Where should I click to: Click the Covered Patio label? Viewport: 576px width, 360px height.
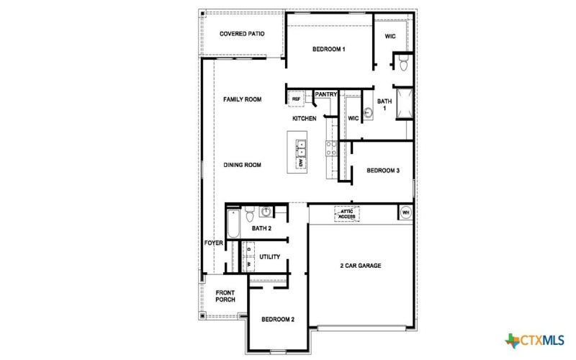point(242,33)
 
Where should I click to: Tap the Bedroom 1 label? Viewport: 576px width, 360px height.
point(329,49)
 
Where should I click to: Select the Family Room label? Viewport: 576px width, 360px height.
point(242,99)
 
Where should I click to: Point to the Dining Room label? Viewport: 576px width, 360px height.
point(242,165)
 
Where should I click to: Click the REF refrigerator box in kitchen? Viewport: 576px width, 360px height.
point(296,99)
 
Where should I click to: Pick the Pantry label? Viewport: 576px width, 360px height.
point(326,94)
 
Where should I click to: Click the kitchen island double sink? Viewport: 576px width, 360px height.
point(302,149)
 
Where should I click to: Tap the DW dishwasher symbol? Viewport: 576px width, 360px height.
point(302,163)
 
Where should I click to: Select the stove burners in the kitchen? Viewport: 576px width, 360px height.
point(331,148)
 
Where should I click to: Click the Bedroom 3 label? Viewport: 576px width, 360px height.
point(382,171)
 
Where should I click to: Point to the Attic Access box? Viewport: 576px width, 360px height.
point(347,214)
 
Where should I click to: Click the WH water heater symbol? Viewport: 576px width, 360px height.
point(405,212)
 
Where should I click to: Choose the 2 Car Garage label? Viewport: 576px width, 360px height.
point(361,266)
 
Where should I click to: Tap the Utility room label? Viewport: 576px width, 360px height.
point(270,257)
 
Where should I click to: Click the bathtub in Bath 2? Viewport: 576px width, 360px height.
point(232,225)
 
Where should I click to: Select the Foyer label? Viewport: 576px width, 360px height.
point(213,243)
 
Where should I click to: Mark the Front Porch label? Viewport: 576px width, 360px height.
point(225,296)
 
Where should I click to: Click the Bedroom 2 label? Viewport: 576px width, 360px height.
point(278,319)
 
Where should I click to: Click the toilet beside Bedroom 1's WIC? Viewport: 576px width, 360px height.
point(403,66)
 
